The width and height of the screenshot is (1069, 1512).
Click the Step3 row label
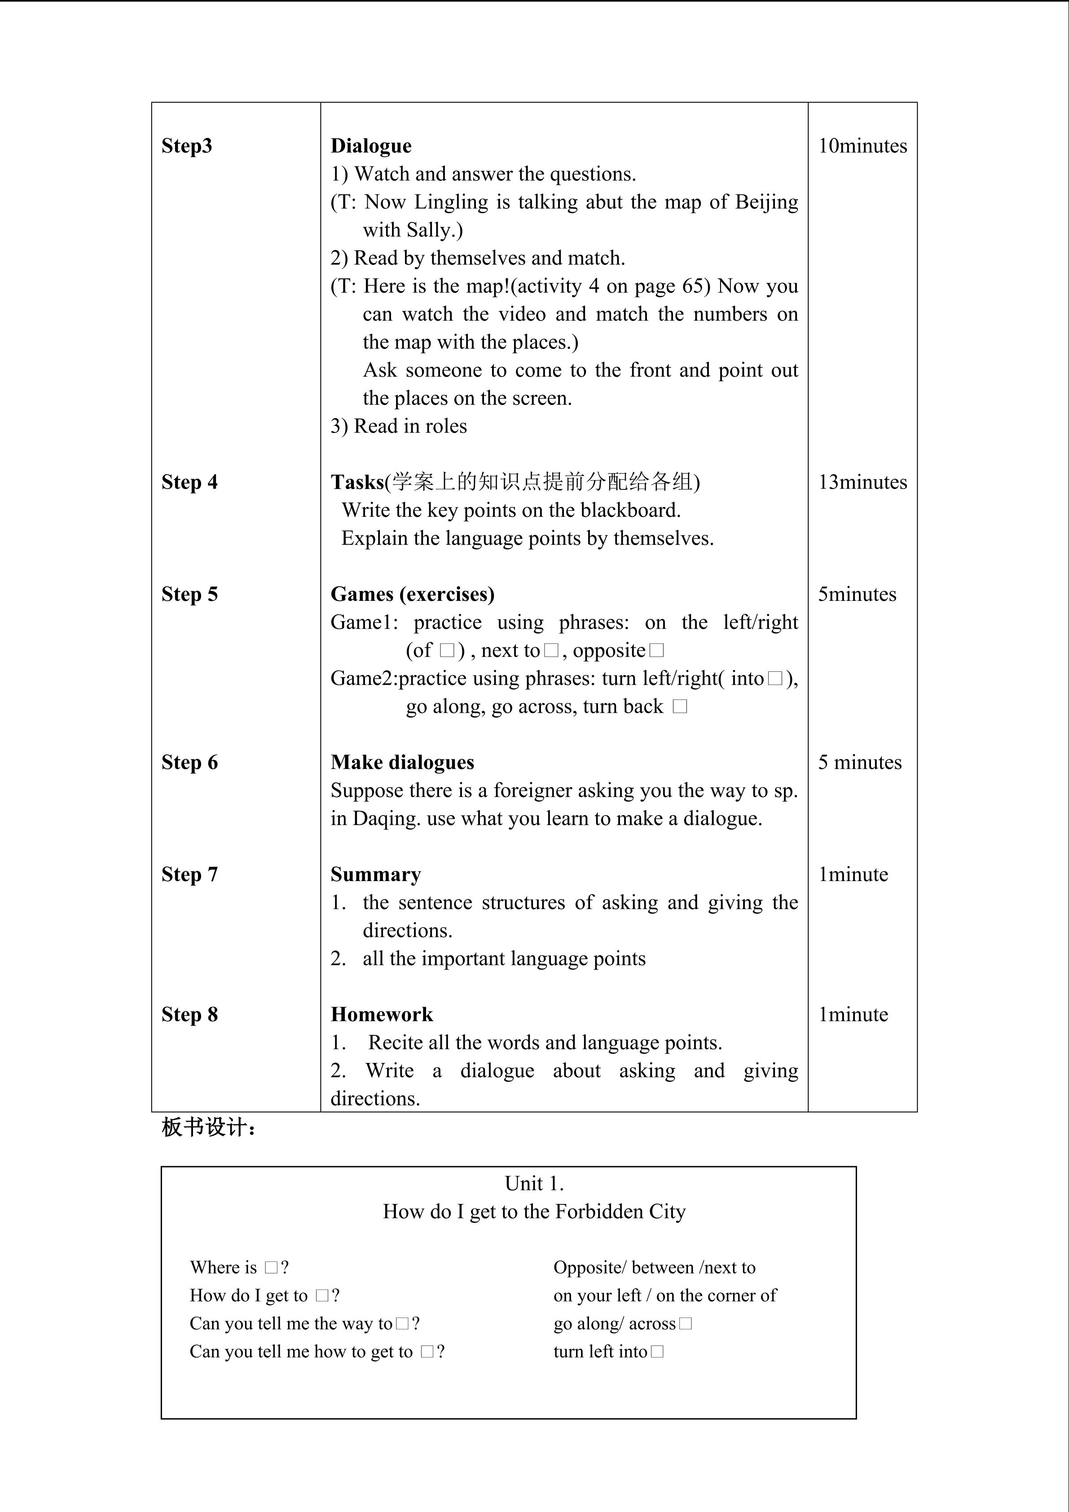[187, 145]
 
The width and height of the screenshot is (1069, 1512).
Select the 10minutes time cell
[862, 145]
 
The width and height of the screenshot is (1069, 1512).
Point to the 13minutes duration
[862, 482]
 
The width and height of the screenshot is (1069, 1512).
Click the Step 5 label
[189, 594]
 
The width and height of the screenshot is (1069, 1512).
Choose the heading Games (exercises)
[412, 594]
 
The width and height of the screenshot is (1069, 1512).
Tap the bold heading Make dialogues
[402, 762]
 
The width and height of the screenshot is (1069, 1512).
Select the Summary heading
[375, 874]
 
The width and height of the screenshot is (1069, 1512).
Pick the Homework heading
[382, 1014]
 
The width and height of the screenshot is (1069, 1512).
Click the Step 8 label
[189, 1014]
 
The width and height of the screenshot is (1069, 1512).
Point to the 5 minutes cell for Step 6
[860, 762]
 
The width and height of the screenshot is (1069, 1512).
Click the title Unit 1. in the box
[534, 1183]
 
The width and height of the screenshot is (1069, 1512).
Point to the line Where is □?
[239, 1268]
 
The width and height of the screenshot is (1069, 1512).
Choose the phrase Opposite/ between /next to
[654, 1268]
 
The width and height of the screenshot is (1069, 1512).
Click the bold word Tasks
[357, 482]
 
